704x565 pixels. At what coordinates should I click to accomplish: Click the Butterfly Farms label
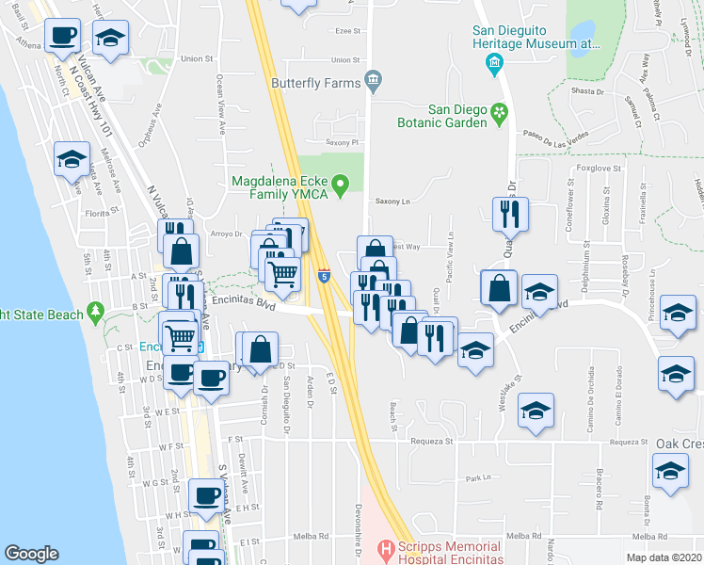(315, 82)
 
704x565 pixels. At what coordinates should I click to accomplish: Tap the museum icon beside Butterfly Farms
(374, 80)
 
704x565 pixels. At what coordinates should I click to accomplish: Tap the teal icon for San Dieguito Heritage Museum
(493, 64)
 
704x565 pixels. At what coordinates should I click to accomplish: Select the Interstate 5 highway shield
(324, 276)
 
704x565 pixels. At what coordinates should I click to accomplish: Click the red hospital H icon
(384, 547)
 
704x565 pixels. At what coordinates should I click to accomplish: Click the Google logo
(31, 554)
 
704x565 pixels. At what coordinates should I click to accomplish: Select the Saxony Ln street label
(393, 201)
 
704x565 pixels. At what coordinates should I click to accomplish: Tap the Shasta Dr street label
(586, 91)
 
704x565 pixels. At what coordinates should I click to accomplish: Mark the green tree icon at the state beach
(94, 310)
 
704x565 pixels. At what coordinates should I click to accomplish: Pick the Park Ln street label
(479, 478)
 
